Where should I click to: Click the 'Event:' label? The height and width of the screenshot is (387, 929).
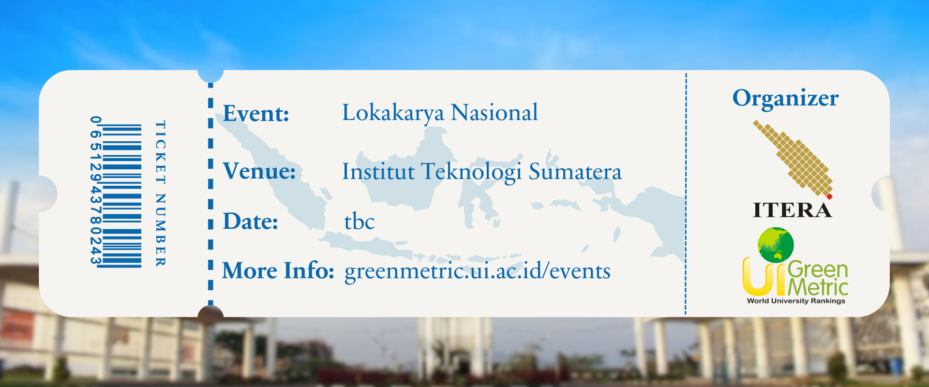click(256, 114)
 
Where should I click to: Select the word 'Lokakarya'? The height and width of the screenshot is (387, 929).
click(393, 113)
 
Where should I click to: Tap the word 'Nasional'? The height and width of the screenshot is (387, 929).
click(494, 112)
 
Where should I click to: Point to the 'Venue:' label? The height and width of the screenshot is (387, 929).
click(259, 171)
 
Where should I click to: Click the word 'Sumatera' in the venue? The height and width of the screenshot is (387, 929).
click(575, 172)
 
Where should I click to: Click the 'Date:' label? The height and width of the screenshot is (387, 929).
click(251, 221)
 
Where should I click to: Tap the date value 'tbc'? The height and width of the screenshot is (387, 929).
click(360, 222)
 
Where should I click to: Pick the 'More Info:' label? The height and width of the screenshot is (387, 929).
click(278, 270)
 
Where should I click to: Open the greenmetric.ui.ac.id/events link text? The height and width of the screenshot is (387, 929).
click(478, 271)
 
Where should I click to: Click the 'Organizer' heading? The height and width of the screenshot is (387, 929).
click(785, 99)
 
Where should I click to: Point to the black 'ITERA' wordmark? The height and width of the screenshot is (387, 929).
click(792, 210)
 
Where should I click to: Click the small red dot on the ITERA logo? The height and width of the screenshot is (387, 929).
click(829, 196)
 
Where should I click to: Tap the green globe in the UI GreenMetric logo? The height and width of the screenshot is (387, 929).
click(776, 245)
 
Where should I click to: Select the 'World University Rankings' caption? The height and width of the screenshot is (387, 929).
click(796, 301)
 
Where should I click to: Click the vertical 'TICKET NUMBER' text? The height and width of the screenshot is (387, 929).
click(160, 193)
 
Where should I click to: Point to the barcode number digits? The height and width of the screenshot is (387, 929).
click(96, 191)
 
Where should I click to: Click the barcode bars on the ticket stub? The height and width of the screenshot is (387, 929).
click(122, 196)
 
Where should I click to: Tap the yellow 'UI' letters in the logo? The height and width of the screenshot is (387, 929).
click(764, 276)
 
